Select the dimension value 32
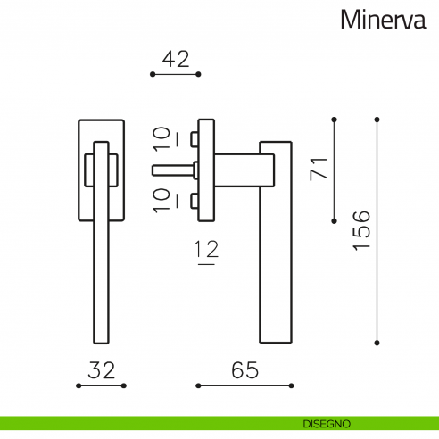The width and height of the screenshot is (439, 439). tap(103, 369)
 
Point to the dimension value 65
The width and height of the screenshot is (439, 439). tap(244, 369)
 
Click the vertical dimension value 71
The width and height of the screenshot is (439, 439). tap(318, 167)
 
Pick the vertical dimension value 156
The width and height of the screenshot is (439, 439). tap(360, 229)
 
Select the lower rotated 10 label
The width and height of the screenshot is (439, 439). tap(162, 200)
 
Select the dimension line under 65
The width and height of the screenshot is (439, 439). tap(244, 386)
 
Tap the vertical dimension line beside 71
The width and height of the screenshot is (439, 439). tap(333, 169)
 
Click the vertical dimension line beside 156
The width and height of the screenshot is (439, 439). tap(377, 229)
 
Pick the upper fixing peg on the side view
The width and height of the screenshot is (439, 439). tap(194, 138)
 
